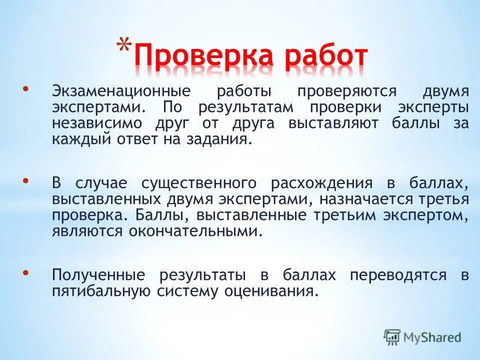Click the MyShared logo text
(431, 337)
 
